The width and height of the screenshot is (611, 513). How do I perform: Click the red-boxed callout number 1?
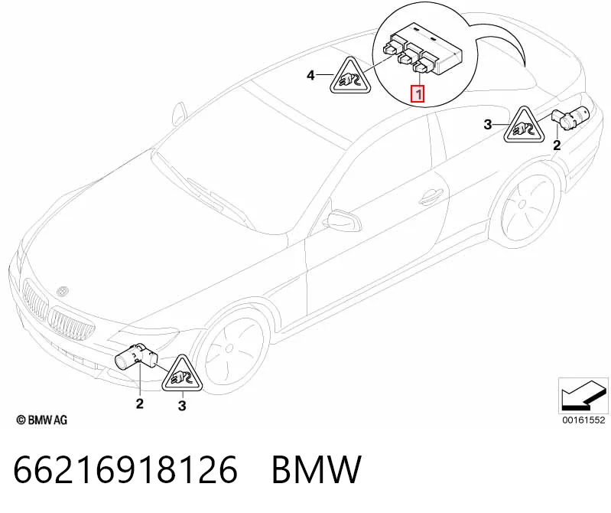click(x=418, y=94)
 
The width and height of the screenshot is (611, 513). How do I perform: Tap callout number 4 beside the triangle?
click(x=310, y=75)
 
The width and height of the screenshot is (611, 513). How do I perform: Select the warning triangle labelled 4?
click(x=351, y=77)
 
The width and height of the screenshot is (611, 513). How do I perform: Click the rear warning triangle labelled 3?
click(x=525, y=125)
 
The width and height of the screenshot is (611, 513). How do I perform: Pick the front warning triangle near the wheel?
click(x=183, y=374)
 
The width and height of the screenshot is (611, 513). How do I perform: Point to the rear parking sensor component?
click(x=571, y=117)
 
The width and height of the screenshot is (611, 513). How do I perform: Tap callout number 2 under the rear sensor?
click(x=557, y=145)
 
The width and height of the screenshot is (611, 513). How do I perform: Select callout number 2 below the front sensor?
click(x=139, y=404)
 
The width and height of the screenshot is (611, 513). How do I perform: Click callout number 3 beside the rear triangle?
click(x=488, y=125)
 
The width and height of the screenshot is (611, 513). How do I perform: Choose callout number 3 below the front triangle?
click(x=182, y=406)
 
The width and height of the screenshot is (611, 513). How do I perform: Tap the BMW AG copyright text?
click(x=42, y=420)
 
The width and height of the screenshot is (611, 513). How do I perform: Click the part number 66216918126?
click(x=125, y=469)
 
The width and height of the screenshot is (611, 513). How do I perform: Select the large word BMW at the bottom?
click(x=317, y=469)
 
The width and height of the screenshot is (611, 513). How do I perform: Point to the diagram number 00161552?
click(x=583, y=420)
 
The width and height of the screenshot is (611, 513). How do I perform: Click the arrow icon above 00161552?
click(x=583, y=395)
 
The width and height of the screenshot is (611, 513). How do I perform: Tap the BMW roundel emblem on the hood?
click(x=63, y=291)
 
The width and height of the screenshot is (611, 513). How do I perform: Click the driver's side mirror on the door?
click(x=343, y=221)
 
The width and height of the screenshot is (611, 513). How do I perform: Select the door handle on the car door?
click(x=430, y=196)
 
